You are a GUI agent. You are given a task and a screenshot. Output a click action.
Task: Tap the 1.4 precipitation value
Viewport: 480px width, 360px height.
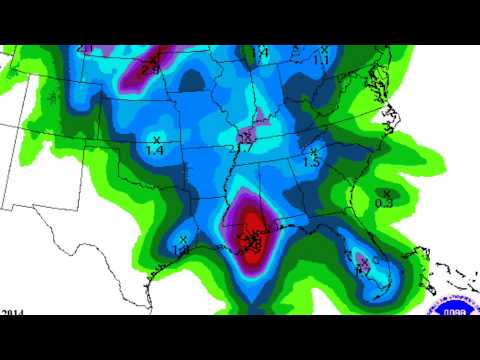pos(155,149)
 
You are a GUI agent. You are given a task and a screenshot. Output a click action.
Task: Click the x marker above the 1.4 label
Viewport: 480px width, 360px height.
pos(157,138)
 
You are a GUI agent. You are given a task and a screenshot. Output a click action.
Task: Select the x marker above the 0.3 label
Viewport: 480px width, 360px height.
pos(385,192)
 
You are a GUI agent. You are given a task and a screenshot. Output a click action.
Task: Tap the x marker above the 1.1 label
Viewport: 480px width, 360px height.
pos(324,50)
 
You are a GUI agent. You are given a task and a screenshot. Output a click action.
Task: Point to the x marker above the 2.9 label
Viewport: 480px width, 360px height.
pos(152,56)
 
